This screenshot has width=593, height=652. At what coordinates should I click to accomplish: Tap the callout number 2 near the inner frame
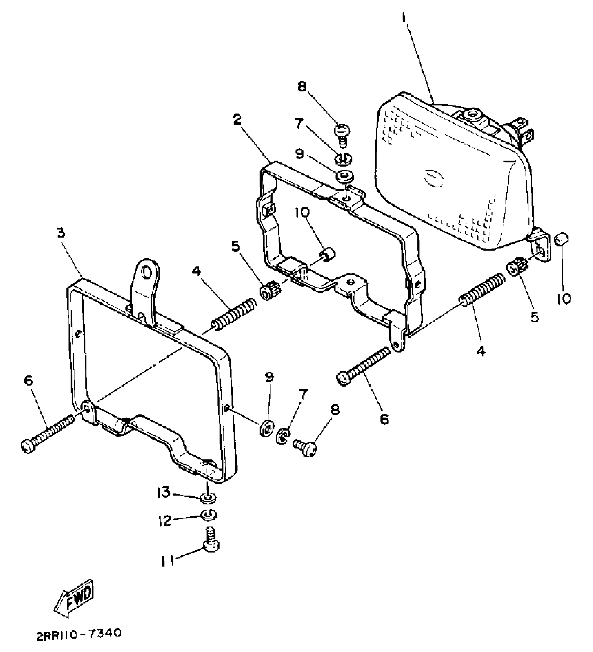237,120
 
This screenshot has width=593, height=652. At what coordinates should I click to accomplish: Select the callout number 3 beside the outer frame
61,233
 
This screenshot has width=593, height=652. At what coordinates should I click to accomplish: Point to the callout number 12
165,521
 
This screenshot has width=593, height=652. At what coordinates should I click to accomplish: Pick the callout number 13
163,492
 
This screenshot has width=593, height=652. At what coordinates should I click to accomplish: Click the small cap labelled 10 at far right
562,240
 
